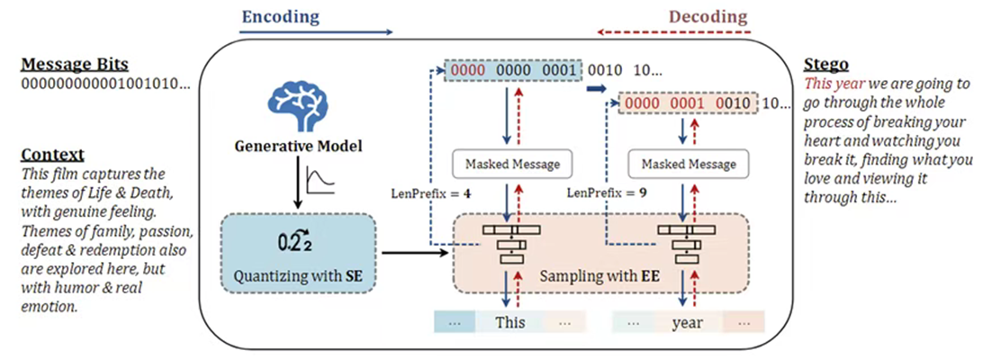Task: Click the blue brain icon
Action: pyautogui.click(x=297, y=104)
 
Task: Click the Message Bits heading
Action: pyautogui.click(x=75, y=65)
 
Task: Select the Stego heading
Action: pyautogui.click(x=825, y=65)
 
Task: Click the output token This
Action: pyautogui.click(x=509, y=322)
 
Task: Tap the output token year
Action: pyautogui.click(x=687, y=322)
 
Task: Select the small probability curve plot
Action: pyautogui.click(x=320, y=179)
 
